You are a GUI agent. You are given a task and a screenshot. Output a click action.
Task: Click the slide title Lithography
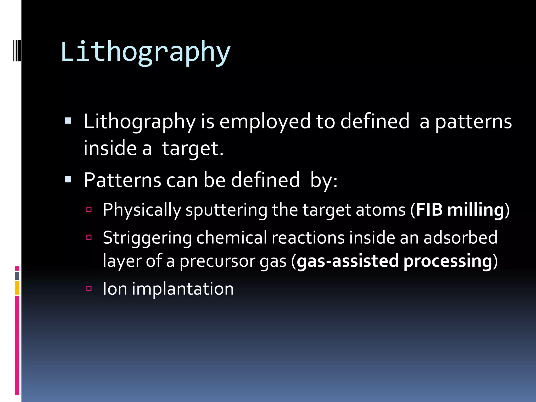pyautogui.click(x=145, y=52)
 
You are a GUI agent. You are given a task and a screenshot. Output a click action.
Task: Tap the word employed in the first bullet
pyautogui.click(x=265, y=122)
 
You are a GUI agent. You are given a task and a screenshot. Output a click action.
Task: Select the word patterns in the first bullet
pyautogui.click(x=473, y=122)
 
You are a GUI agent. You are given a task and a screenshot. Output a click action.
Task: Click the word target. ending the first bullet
pyautogui.click(x=192, y=149)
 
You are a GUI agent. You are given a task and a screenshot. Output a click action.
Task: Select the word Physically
pyautogui.click(x=142, y=210)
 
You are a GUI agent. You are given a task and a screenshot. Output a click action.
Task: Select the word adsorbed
pyautogui.click(x=460, y=238)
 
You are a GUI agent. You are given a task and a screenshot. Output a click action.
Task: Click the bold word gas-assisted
pyautogui.click(x=348, y=261)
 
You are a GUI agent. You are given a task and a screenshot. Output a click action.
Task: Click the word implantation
pyautogui.click(x=183, y=289)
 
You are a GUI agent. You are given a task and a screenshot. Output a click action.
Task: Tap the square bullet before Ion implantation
pyautogui.click(x=89, y=288)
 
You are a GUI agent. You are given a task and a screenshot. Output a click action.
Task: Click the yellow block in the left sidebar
pyautogui.click(x=17, y=288)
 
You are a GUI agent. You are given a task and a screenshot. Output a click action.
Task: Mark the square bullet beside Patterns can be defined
pyautogui.click(x=68, y=180)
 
